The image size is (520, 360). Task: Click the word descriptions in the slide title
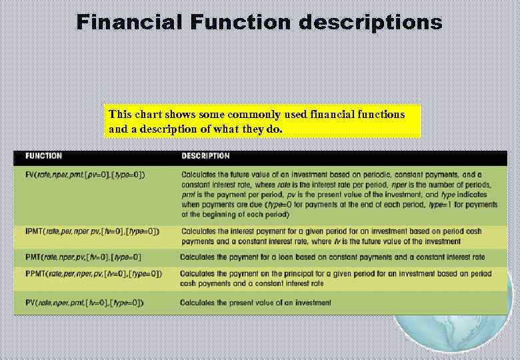click(370, 23)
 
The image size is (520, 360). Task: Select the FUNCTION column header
click(44, 156)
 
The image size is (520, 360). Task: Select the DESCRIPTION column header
click(205, 156)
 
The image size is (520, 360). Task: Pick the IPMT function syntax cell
click(92, 231)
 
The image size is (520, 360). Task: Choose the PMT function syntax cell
click(83, 257)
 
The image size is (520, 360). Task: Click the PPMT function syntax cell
click(93, 273)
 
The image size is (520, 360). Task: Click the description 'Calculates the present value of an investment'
click(255, 303)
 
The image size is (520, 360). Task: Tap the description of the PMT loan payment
click(332, 257)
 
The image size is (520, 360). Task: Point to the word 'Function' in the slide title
click(241, 22)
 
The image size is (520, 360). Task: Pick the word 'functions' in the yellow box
click(379, 114)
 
